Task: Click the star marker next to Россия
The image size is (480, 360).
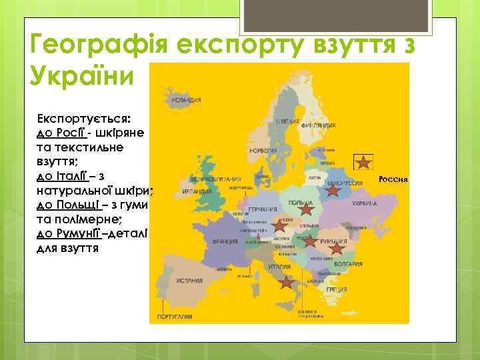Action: click(363, 161)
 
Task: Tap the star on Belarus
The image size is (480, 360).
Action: click(333, 191)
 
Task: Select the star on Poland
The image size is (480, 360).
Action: click(305, 209)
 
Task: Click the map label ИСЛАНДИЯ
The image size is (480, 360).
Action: click(186, 101)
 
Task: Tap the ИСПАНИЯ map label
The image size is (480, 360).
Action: click(189, 281)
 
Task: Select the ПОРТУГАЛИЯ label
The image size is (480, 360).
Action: click(175, 316)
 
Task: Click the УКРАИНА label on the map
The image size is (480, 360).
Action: click(365, 203)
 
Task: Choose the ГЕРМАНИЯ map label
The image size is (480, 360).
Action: click(262, 209)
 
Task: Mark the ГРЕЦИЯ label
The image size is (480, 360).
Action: click(336, 290)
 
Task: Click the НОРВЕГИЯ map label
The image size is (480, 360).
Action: click(262, 151)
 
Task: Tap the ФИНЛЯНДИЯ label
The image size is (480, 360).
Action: click(318, 125)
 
